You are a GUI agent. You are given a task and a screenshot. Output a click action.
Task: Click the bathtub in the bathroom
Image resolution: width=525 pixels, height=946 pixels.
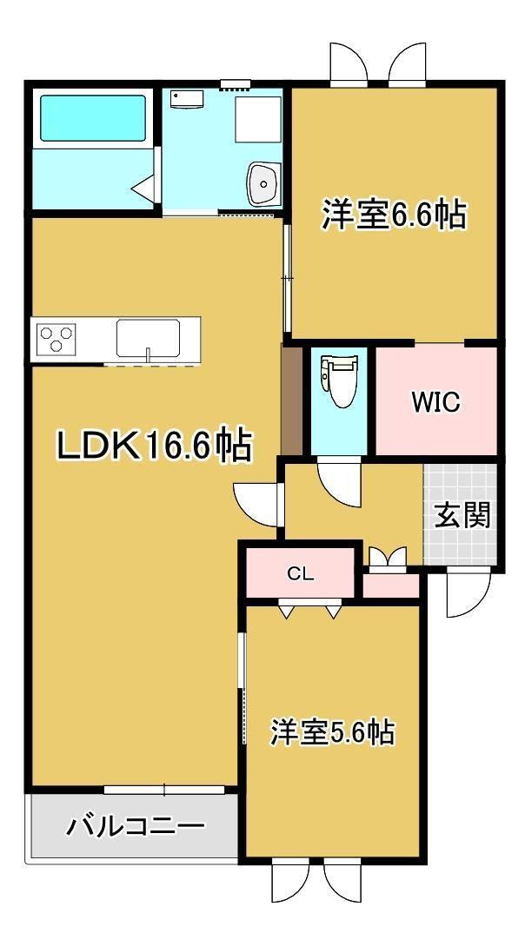[x=93, y=117]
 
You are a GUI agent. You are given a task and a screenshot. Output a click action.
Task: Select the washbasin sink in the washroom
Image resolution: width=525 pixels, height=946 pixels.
[x=263, y=182]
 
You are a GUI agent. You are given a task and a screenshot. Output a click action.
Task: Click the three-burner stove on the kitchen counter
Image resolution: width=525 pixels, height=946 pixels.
[x=56, y=337]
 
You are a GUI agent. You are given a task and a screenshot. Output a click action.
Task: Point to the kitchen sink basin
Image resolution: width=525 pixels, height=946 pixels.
[x=148, y=339]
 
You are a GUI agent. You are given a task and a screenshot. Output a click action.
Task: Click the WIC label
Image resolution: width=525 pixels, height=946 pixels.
[x=435, y=402]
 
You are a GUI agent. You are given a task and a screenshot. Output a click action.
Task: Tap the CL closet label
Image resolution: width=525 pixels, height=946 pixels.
[x=300, y=573]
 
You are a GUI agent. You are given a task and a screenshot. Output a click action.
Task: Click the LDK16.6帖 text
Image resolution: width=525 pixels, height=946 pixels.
[x=154, y=446]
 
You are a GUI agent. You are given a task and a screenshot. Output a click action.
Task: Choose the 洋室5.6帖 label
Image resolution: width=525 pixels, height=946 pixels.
[x=332, y=731]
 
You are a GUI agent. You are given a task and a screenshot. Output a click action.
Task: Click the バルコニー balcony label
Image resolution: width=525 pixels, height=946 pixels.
[x=135, y=825]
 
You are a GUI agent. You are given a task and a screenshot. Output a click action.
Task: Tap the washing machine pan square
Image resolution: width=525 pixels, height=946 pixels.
[x=257, y=119]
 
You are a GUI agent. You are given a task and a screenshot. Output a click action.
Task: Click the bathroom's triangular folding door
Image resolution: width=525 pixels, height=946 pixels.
[x=145, y=189]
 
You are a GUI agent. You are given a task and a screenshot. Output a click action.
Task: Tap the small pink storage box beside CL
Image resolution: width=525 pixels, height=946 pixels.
[x=390, y=585]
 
